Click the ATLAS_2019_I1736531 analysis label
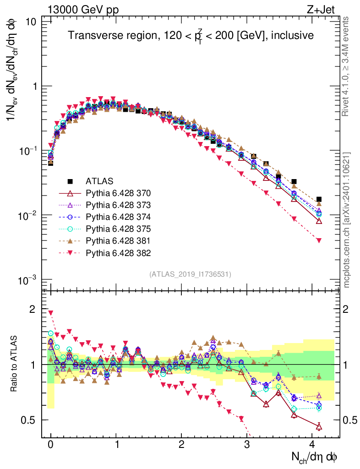click(190, 274)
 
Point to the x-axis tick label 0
click(50, 445)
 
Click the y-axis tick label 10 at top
click(32, 22)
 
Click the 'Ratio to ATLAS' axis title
click(14, 365)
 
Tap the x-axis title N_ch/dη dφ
click(315, 457)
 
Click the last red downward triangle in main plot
click(319, 240)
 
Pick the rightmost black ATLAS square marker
click(319, 199)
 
